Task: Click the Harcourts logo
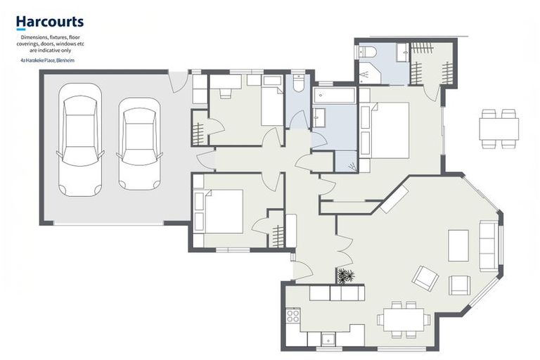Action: click(49, 23)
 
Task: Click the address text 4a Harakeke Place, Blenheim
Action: click(47, 61)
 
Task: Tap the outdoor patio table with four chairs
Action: click(499, 129)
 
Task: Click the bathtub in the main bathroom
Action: click(334, 95)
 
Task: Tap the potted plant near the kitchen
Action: click(345, 276)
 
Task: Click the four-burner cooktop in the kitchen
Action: click(292, 316)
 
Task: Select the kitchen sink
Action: click(328, 340)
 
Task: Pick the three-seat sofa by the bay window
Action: click(487, 245)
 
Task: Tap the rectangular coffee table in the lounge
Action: click(458, 245)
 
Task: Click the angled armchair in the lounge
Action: click(425, 278)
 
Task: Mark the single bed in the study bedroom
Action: click(271, 107)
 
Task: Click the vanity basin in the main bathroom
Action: click(319, 118)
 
